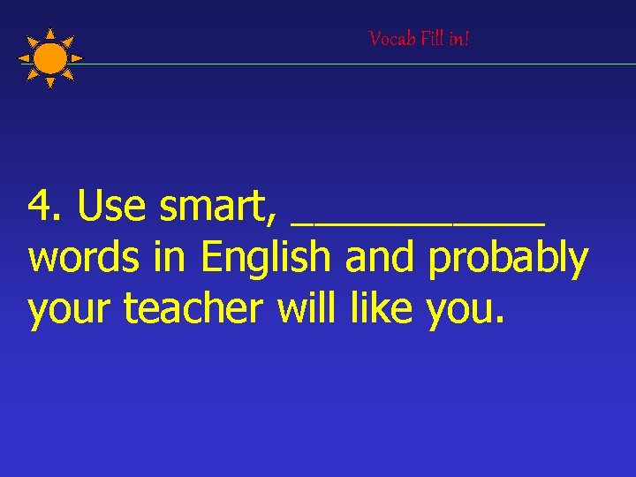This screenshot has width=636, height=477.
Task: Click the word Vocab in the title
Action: point(387,39)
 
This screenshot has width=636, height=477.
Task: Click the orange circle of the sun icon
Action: point(51,58)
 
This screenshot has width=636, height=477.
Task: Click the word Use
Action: point(111,207)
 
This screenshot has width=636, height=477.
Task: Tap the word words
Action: point(79,259)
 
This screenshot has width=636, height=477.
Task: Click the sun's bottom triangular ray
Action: point(50,83)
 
